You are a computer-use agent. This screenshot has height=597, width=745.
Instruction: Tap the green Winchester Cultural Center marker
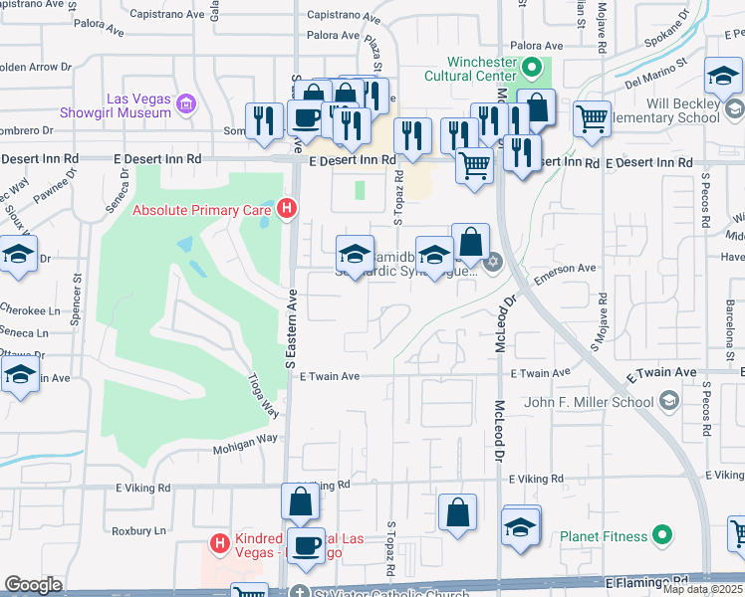(533, 68)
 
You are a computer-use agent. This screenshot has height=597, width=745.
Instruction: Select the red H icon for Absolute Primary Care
(287, 209)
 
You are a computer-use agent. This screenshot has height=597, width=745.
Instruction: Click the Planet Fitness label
(603, 536)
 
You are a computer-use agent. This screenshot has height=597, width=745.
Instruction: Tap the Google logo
(33, 585)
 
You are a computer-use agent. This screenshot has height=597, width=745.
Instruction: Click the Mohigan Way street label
(244, 451)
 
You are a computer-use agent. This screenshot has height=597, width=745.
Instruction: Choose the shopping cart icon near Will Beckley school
(592, 118)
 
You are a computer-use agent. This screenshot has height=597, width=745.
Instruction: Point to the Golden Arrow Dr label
(36, 68)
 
